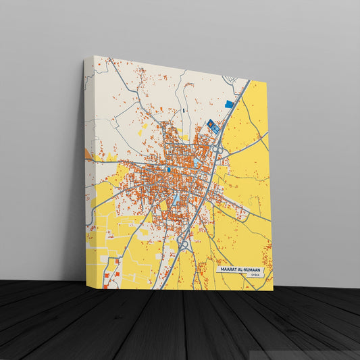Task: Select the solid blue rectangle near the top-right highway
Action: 229,104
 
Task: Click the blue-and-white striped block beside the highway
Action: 212,124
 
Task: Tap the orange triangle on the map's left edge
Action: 88,153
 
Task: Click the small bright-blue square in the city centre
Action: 168,170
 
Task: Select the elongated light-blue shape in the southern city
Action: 176,199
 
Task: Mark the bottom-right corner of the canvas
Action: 273,290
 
